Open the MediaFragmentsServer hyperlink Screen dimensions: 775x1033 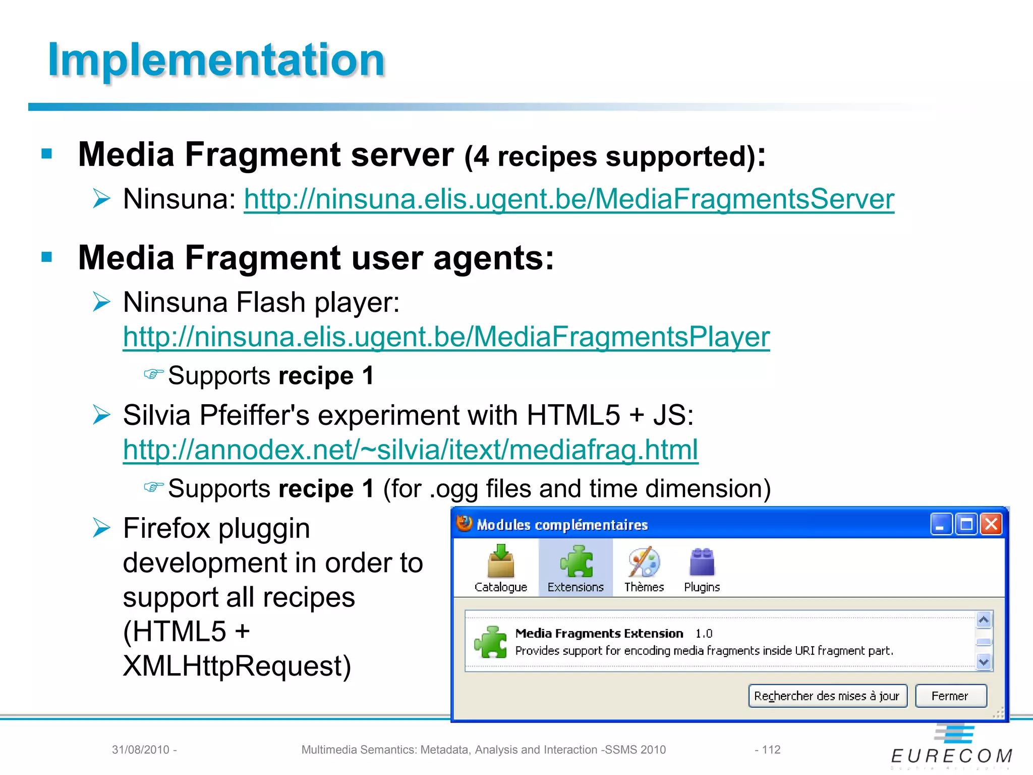[568, 199]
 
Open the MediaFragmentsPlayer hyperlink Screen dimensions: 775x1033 [446, 337]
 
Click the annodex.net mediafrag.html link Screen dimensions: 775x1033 [410, 450]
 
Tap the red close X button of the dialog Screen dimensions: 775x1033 [991, 524]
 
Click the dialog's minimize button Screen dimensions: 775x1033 [941, 524]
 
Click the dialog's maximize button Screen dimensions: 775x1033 [966, 524]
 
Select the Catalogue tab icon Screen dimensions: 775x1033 [500, 562]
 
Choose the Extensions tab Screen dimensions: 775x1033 [576, 568]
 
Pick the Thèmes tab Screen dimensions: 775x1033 [644, 568]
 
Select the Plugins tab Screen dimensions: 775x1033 [702, 568]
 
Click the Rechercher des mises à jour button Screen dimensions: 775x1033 [827, 696]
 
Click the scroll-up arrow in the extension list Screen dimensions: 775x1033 [984, 620]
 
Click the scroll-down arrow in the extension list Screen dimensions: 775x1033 [984, 661]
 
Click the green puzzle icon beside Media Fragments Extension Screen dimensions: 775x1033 [490, 642]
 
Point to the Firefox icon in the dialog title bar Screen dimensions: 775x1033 [464, 524]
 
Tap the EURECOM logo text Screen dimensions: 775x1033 [951, 756]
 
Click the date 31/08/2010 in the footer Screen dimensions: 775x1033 [141, 750]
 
